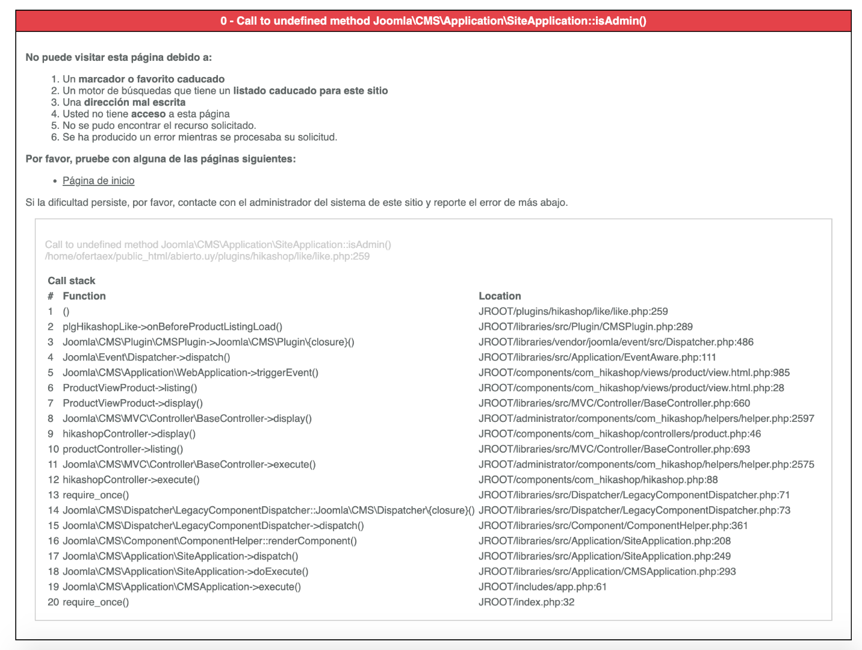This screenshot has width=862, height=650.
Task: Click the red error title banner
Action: coord(433,21)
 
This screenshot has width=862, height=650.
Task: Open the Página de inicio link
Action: coord(99,181)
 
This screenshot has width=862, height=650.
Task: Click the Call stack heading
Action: coord(72,280)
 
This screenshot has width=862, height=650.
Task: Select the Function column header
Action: coord(84,296)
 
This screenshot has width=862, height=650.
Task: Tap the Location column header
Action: coord(500,296)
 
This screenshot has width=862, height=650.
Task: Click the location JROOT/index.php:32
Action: coord(526,602)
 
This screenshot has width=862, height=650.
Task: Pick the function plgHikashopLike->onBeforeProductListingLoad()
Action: coord(172,327)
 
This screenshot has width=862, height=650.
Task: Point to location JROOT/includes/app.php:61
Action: coord(542,587)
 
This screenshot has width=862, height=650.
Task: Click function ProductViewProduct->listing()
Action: coord(130,388)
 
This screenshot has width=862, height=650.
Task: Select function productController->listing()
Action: coord(123,449)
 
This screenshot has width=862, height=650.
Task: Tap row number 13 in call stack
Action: coord(54,495)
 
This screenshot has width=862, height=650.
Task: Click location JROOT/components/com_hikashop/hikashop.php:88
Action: coord(598,480)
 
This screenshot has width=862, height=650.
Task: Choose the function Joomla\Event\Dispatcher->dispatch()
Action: coord(146,357)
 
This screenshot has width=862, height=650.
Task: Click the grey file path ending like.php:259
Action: coord(207,256)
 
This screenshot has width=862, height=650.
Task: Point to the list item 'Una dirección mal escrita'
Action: coord(124,102)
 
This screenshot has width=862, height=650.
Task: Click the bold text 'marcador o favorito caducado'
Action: coord(152,79)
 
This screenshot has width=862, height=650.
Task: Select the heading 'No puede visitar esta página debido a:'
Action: coord(119,58)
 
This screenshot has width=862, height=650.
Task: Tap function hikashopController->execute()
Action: coord(131,480)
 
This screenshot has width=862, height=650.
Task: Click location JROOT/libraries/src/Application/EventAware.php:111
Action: coord(597,357)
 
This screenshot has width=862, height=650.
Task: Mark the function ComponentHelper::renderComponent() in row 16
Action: coord(209,541)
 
